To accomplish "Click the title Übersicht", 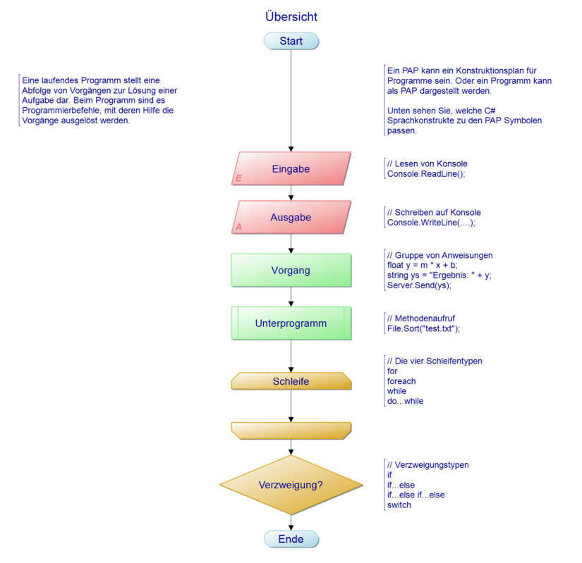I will [x=291, y=16].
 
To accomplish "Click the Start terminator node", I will [x=291, y=41].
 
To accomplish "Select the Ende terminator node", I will [x=291, y=539].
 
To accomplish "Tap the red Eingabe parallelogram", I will [x=291, y=169].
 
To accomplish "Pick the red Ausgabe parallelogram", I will [x=291, y=218].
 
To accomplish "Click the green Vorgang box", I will [x=291, y=270].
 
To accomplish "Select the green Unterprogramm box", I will [x=291, y=323].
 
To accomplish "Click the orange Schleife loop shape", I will [x=291, y=381].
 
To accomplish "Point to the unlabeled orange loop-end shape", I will [x=291, y=430].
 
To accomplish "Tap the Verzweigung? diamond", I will [x=291, y=485].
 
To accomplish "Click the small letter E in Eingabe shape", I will [x=238, y=179].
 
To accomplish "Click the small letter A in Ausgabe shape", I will [x=238, y=228].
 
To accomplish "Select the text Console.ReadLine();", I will [x=426, y=173].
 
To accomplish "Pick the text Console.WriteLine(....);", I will [x=431, y=222].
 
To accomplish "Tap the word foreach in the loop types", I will [x=401, y=381].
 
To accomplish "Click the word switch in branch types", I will [x=399, y=505].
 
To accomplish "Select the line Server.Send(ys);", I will [x=419, y=285].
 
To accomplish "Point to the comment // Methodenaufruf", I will [x=420, y=318].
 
